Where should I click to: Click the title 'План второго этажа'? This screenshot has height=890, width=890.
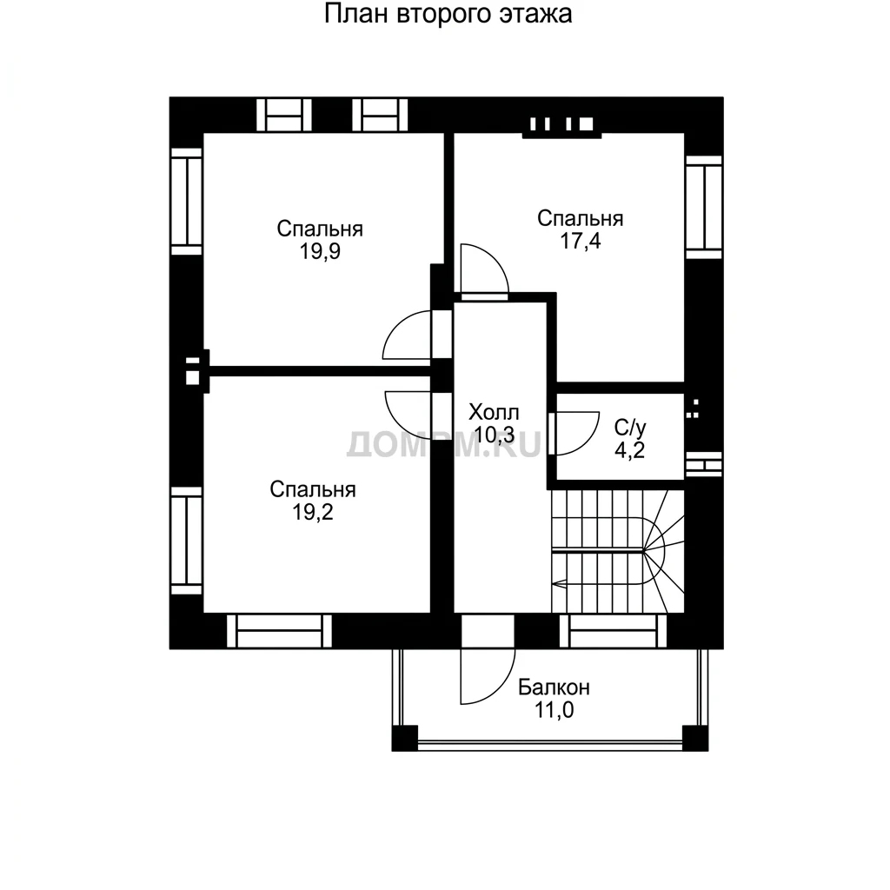point(448,15)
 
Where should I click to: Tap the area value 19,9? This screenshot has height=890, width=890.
point(320,251)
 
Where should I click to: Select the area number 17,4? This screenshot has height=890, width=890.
point(580,242)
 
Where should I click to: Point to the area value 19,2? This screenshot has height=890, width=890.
point(313,512)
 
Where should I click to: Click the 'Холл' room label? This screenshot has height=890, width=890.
point(494,412)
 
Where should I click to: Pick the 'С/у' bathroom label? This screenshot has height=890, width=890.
point(630,427)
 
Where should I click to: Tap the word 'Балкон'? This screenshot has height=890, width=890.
point(554,687)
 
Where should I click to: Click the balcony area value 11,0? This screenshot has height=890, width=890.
point(554,710)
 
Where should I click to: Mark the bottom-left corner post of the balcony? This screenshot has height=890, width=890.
point(405,738)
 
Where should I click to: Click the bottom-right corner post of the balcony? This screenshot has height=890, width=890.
point(695,738)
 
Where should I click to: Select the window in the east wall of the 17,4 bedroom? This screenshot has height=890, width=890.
point(704,207)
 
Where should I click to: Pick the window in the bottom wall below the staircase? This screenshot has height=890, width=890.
point(613,631)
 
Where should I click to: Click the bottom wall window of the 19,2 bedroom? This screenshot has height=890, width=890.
point(279,631)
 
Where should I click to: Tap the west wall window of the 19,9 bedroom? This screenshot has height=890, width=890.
point(187,202)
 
